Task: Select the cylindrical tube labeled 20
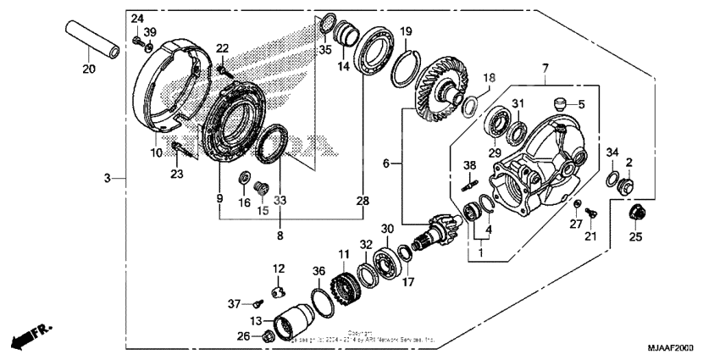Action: (89, 42)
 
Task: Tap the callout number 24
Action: (137, 19)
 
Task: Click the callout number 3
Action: (108, 177)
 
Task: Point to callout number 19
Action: (406, 31)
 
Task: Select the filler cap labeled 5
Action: (559, 105)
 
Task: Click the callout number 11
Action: (344, 254)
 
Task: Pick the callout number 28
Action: (362, 202)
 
